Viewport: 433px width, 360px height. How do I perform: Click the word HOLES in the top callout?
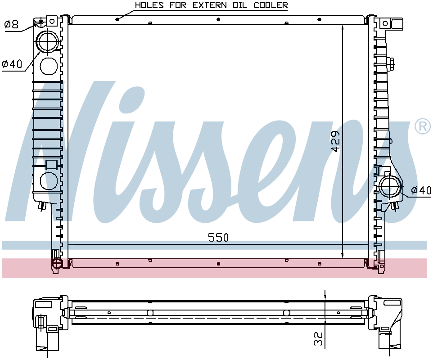[x=149, y=5]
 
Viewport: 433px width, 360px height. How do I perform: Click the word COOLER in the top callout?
[x=271, y=5]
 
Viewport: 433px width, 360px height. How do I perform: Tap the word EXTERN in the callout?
[x=210, y=5]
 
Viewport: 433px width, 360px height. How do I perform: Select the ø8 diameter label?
[x=11, y=25]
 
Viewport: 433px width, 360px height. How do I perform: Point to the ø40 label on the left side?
[x=12, y=64]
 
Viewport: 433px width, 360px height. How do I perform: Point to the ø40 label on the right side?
[x=421, y=190]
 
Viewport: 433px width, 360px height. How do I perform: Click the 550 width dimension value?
[x=218, y=238]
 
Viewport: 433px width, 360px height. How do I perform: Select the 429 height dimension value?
[x=335, y=141]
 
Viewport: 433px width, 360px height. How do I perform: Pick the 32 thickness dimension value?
[x=318, y=339]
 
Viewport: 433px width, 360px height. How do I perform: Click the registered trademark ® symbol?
[x=423, y=126]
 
